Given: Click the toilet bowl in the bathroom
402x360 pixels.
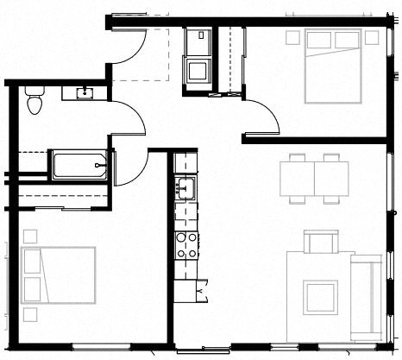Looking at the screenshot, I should click(34, 106).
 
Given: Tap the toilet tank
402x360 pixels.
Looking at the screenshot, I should click(34, 91).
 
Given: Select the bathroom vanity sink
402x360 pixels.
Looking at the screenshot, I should click(85, 92).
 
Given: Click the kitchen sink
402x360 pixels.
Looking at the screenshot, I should click(186, 186).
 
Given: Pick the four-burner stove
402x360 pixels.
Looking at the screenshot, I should click(186, 245).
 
